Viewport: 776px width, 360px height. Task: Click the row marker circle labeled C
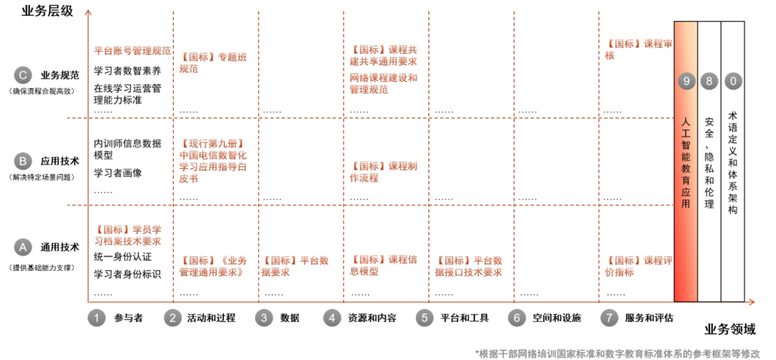(x=23, y=75)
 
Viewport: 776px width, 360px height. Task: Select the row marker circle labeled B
(x=23, y=161)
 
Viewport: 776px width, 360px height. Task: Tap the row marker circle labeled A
(x=23, y=247)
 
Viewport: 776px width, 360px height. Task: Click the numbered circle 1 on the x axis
(x=97, y=317)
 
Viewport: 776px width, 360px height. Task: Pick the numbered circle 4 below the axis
(x=332, y=317)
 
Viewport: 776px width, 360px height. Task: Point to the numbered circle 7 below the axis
(x=609, y=317)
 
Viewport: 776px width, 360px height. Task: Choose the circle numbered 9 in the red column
(x=686, y=81)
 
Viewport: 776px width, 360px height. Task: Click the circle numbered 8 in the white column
(x=709, y=81)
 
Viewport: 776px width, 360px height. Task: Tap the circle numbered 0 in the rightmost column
(x=733, y=81)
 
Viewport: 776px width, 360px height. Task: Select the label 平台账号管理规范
(x=133, y=50)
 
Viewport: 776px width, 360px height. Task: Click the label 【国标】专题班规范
(x=213, y=63)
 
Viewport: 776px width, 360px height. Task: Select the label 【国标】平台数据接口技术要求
(x=468, y=266)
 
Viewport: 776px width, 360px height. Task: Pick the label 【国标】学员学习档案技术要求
(x=128, y=235)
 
